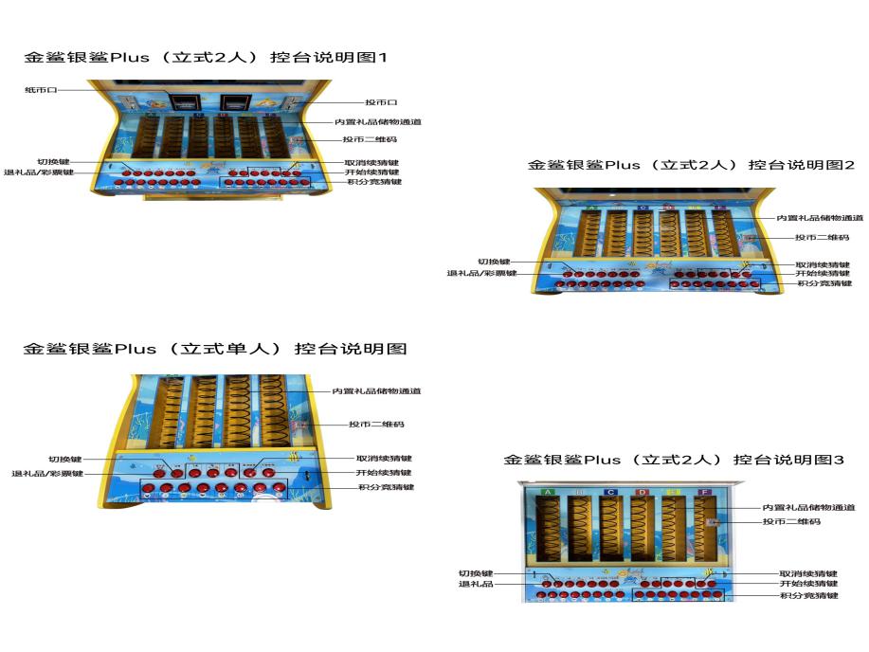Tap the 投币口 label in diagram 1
[381, 101]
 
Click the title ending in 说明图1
[206, 57]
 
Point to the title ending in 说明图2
[691, 164]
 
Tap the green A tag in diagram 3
[548, 492]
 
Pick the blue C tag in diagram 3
[610, 492]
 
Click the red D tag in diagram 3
[642, 492]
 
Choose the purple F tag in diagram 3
[703, 492]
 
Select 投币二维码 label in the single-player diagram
[376, 425]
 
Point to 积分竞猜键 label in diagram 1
[373, 182]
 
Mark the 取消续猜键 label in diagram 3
[808, 572]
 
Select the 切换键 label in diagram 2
[493, 262]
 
